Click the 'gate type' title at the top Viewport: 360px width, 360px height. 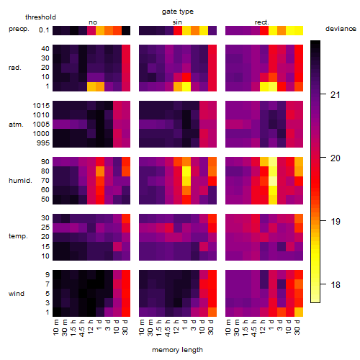tap(178, 12)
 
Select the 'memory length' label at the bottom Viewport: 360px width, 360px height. tap(177, 350)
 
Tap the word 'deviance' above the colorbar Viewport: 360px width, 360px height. tap(341, 29)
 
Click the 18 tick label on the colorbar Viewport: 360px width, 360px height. tap(336, 285)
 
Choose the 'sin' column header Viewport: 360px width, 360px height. tap(177, 22)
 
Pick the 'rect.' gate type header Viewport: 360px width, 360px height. tap(261, 22)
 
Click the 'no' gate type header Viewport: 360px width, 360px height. tap(93, 22)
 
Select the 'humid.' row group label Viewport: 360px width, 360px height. tap(20, 181)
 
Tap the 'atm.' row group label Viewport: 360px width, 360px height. tap(16, 125)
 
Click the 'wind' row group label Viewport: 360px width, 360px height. tap(17, 294)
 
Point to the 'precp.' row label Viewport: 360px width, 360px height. tap(19, 29)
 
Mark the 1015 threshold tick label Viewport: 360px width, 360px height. tap(41, 106)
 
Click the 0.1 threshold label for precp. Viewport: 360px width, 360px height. tap(44, 30)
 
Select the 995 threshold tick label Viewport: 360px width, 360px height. tap(43, 143)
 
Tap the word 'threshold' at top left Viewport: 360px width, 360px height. tap(40, 17)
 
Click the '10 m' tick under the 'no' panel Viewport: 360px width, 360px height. tap(55, 328)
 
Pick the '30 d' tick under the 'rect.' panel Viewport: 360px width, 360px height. tap(297, 328)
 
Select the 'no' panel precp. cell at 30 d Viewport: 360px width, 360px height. tap(126, 31)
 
